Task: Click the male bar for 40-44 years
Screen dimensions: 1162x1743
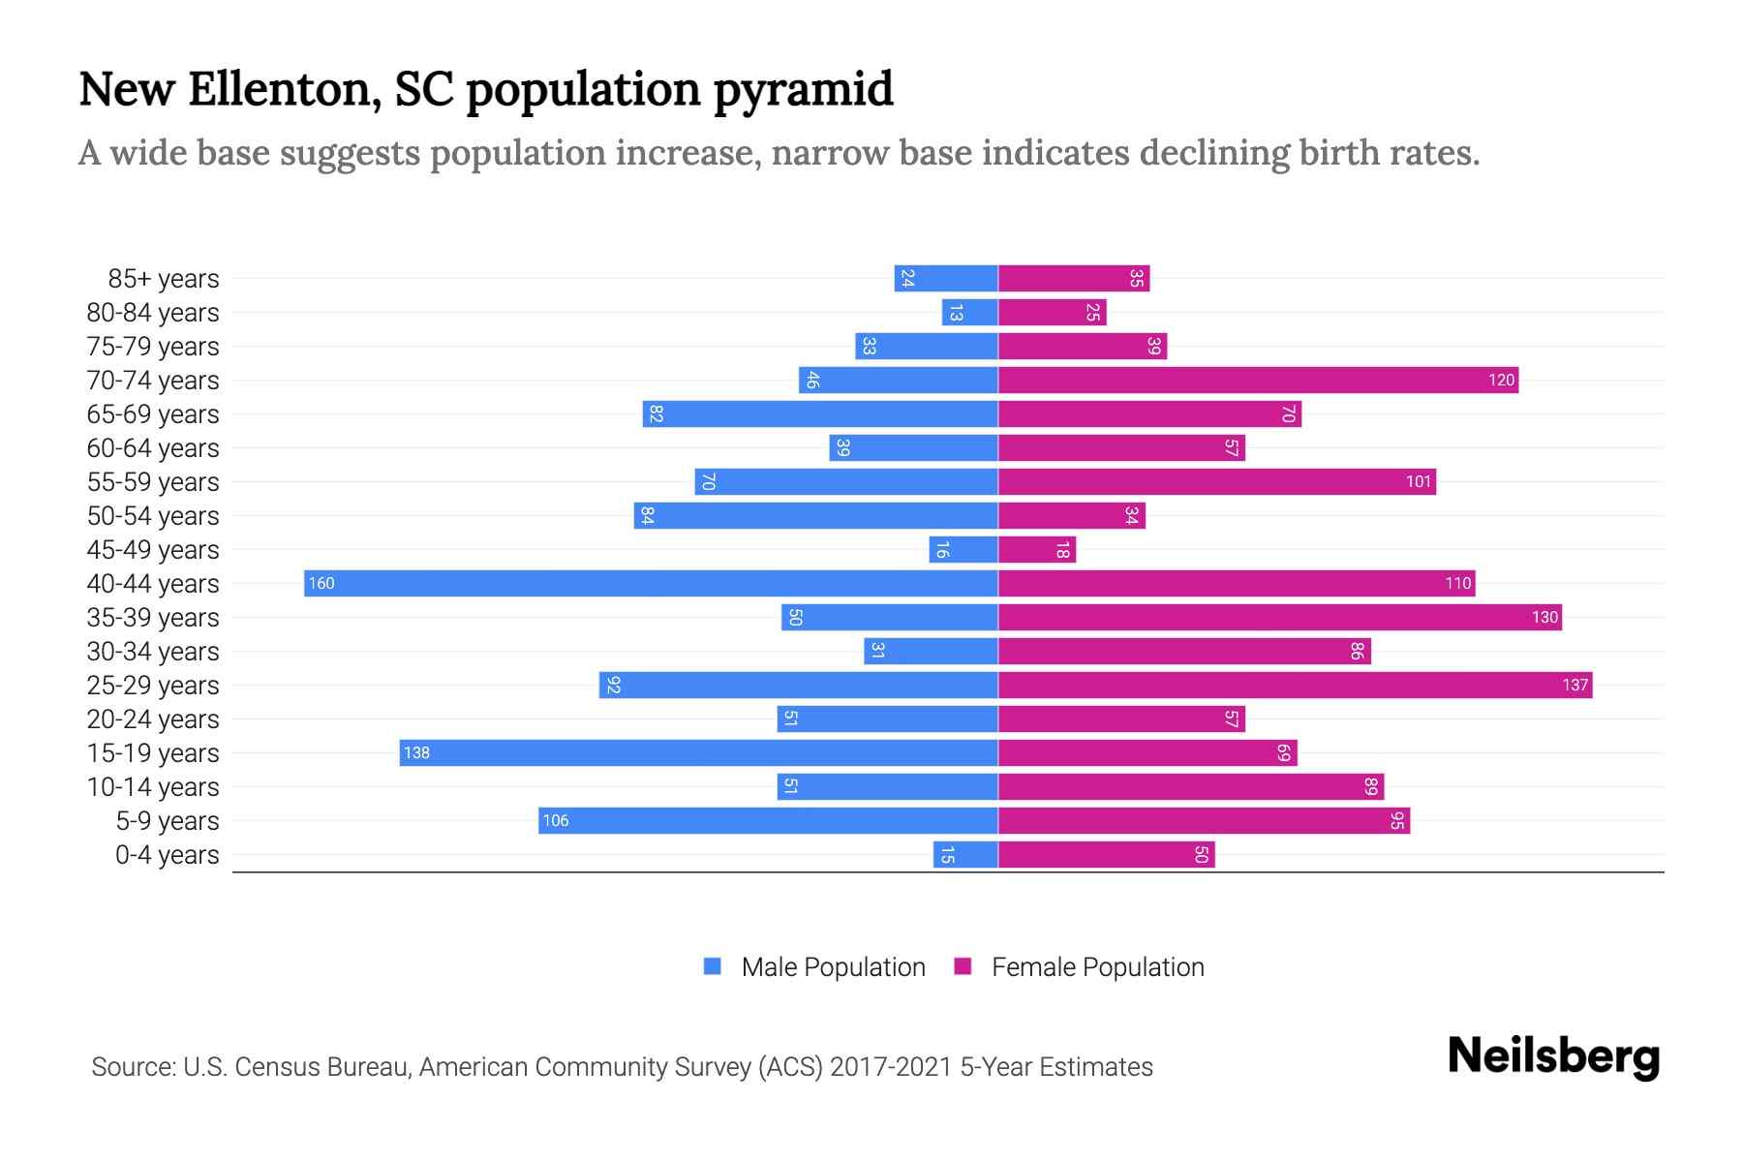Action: [x=651, y=583]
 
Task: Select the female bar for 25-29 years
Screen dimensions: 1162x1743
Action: [x=1295, y=685]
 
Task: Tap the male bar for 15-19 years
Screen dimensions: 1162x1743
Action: [x=698, y=752]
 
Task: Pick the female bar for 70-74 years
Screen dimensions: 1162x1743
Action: [x=1258, y=380]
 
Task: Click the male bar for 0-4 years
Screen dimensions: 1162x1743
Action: [x=965, y=854]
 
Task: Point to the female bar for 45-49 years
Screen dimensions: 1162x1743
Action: [x=1036, y=549]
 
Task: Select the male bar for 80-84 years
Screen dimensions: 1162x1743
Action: [x=969, y=312]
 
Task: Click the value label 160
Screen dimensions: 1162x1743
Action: [x=321, y=583]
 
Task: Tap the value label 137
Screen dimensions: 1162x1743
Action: [x=1575, y=685]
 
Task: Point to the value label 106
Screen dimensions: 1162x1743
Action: [x=556, y=820]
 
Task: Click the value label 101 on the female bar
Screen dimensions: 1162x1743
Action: [x=1419, y=481]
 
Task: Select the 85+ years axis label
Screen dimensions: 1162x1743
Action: [x=163, y=279]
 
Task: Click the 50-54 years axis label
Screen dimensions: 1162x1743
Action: [x=153, y=516]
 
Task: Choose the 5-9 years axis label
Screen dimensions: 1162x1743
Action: [x=167, y=821]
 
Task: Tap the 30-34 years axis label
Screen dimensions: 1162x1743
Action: [x=153, y=652]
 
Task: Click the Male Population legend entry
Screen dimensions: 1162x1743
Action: [x=833, y=966]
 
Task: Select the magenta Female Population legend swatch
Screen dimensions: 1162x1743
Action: [x=963, y=966]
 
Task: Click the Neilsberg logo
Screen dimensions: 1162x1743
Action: [x=1553, y=1056]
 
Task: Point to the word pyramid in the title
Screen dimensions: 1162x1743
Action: [x=803, y=90]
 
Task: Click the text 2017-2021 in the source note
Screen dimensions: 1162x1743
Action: [x=890, y=1067]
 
